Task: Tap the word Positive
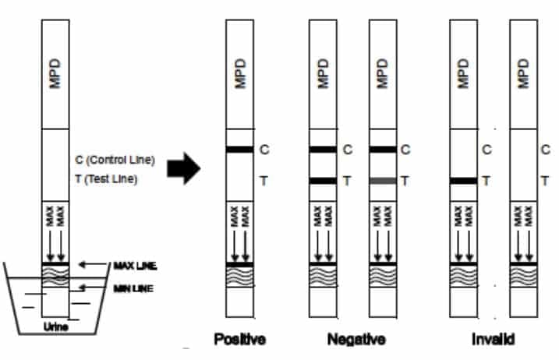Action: [x=239, y=341]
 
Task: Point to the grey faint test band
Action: [x=382, y=181]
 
